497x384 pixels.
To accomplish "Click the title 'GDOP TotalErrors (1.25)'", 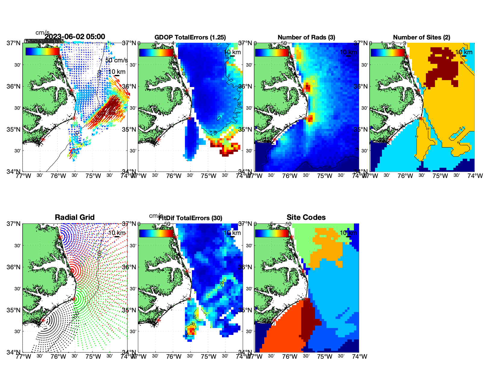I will pyautogui.click(x=190, y=37).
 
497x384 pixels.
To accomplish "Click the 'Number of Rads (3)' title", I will pyautogui.click(x=306, y=37).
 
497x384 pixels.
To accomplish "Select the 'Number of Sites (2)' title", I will pyautogui.click(x=421, y=37).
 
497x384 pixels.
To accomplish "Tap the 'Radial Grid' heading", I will pyautogui.click(x=75, y=217).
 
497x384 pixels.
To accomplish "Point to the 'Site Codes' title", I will pyautogui.click(x=306, y=217).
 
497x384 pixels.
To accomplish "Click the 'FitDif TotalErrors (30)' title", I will pyautogui.click(x=190, y=218).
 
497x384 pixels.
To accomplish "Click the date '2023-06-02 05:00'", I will pyautogui.click(x=75, y=37).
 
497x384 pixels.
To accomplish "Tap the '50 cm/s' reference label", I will pyautogui.click(x=116, y=60).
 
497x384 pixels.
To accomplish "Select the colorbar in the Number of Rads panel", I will pyautogui.click(x=272, y=52).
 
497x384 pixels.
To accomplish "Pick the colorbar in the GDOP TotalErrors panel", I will pyautogui.click(x=156, y=52).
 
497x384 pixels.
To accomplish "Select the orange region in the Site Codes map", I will pyautogui.click(x=327, y=247).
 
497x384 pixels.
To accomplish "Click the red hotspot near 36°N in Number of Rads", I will pyautogui.click(x=308, y=88).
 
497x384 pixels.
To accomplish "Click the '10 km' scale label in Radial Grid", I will pyautogui.click(x=116, y=233).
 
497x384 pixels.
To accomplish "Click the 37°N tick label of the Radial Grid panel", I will pyautogui.click(x=14, y=224).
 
